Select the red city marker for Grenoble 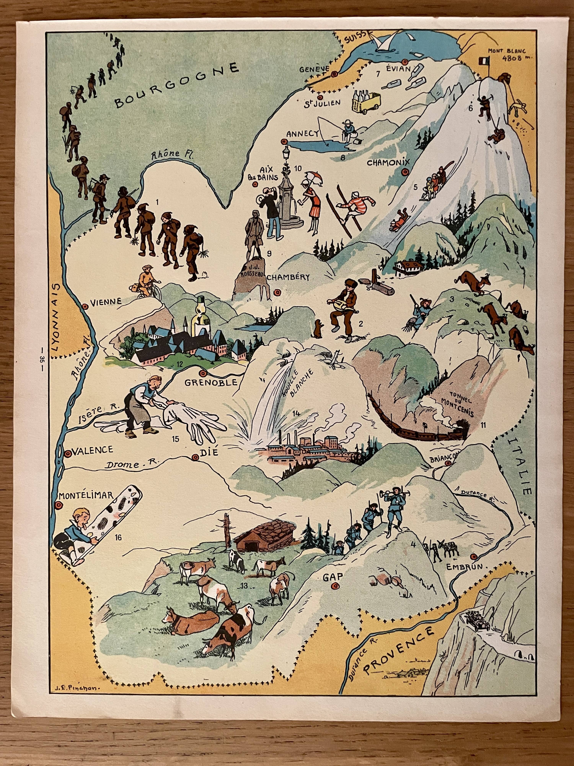click(203, 373)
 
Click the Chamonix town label click(388, 163)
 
